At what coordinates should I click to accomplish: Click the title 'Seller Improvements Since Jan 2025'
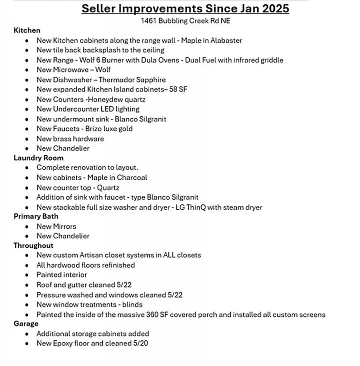185,9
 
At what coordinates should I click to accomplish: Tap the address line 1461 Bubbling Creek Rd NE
185,21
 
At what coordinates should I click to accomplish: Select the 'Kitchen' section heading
27,30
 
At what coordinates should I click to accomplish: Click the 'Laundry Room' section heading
38,158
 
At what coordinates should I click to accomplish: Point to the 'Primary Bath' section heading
36,216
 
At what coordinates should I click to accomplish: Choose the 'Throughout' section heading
33,245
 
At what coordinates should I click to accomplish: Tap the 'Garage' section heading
26,324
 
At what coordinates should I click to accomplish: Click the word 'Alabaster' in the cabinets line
225,41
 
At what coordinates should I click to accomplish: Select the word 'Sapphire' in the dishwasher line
149,80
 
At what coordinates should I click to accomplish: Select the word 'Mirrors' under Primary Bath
64,226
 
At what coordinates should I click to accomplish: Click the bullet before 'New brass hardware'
27,139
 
